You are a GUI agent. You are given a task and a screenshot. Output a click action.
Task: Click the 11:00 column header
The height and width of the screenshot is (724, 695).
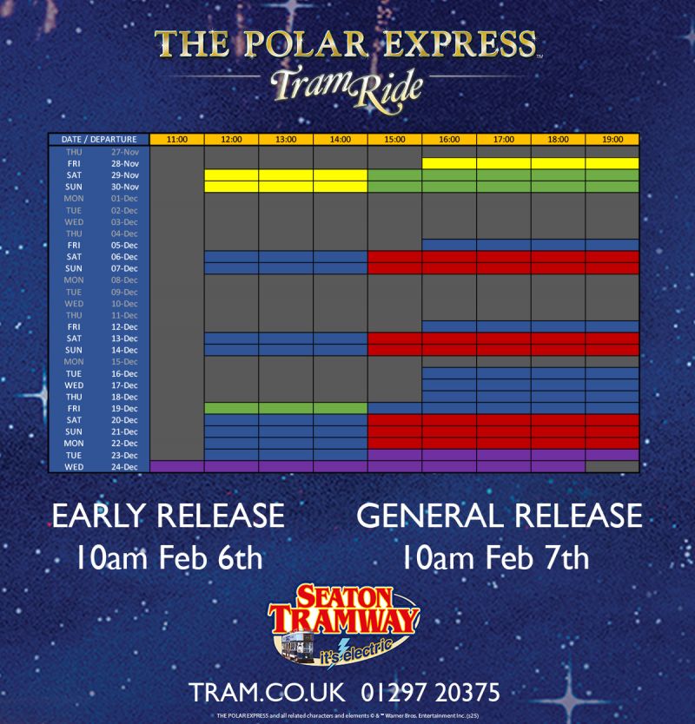click(177, 139)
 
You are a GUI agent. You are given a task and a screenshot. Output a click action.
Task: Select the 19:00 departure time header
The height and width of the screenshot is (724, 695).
click(612, 139)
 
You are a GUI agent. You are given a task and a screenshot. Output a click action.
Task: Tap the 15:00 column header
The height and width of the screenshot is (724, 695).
click(394, 139)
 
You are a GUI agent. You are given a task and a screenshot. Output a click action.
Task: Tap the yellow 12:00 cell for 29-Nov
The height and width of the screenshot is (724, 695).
click(231, 174)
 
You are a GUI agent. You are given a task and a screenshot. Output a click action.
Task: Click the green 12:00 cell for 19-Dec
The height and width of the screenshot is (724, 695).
click(231, 408)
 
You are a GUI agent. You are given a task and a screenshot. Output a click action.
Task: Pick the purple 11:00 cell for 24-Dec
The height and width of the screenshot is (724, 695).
click(177, 467)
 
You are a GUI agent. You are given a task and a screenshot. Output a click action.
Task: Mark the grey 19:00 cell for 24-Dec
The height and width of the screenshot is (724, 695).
click(612, 467)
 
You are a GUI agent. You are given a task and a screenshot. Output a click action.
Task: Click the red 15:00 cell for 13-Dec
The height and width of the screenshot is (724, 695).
click(394, 338)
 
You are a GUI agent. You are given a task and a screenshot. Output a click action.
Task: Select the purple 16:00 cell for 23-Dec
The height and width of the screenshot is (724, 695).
click(449, 455)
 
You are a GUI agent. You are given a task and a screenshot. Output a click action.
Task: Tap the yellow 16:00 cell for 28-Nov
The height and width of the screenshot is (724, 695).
click(449, 163)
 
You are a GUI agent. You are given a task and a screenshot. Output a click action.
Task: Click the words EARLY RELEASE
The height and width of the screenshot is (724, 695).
click(169, 516)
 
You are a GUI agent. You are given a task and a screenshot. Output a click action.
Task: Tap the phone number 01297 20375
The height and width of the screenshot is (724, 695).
click(432, 693)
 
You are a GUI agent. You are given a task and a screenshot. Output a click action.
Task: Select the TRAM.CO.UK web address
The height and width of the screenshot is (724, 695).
click(268, 693)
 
